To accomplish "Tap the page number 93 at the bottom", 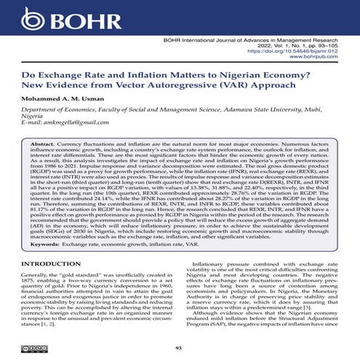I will coord(180,347).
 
